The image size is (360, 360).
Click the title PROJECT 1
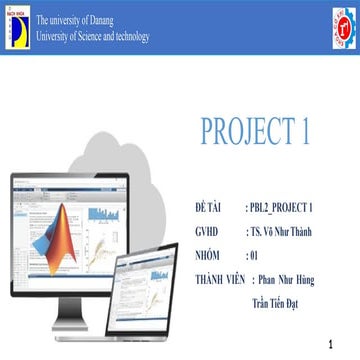pyautogui.click(x=262, y=131)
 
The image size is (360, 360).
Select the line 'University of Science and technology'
pyautogui.click(x=92, y=37)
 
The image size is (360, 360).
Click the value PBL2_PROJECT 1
pyautogui.click(x=284, y=207)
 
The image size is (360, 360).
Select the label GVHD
pyautogui.click(x=207, y=231)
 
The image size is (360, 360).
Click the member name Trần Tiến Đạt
pyautogui.click(x=281, y=299)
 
